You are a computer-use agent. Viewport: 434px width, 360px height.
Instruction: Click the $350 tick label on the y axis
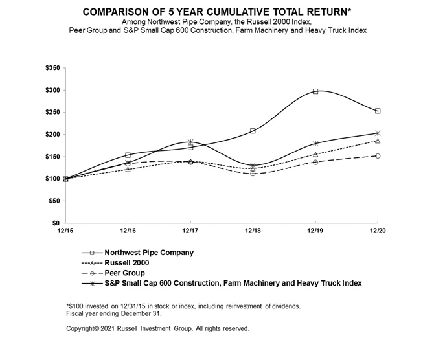(51, 68)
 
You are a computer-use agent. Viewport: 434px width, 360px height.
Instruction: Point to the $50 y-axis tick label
(53, 201)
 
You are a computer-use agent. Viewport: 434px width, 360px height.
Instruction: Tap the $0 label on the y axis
(56, 223)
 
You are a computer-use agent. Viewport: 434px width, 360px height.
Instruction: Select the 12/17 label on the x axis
(190, 231)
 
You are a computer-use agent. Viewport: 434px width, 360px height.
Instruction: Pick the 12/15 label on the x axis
(65, 231)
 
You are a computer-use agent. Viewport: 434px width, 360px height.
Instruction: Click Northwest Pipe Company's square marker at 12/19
(315, 91)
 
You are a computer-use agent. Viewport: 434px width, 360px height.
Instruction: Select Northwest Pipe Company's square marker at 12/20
(378, 111)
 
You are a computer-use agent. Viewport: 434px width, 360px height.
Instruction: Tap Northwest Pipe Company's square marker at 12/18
(253, 131)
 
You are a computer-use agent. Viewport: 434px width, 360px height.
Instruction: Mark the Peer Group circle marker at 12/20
(378, 155)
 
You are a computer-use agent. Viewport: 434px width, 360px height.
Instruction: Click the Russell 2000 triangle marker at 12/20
(378, 141)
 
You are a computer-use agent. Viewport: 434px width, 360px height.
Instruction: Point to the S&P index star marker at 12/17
(190, 142)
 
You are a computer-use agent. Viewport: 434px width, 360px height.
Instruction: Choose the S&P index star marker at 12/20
(378, 133)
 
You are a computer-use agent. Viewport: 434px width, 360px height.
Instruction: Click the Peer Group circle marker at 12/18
(253, 174)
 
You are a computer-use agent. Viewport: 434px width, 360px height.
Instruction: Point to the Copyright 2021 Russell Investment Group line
(157, 328)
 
